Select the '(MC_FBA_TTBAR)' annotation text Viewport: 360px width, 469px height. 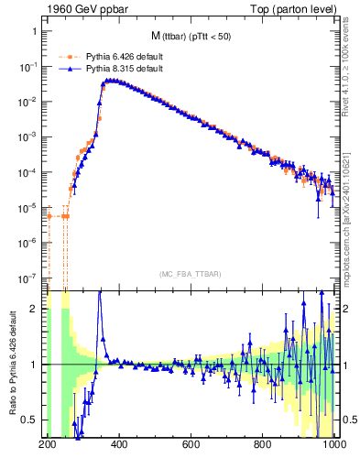[191, 275]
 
